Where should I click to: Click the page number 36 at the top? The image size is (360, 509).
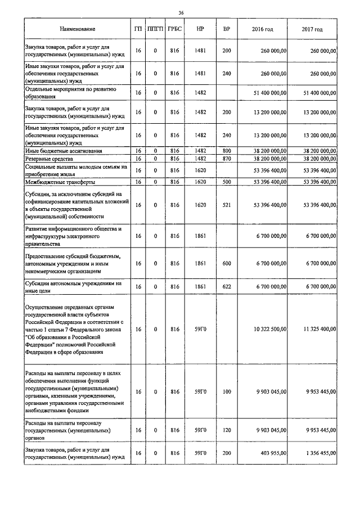(x=181, y=12)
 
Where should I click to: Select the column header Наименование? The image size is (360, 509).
(x=78, y=29)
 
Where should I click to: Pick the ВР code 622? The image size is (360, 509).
(x=226, y=287)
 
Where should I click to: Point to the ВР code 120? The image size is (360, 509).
(x=226, y=430)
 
